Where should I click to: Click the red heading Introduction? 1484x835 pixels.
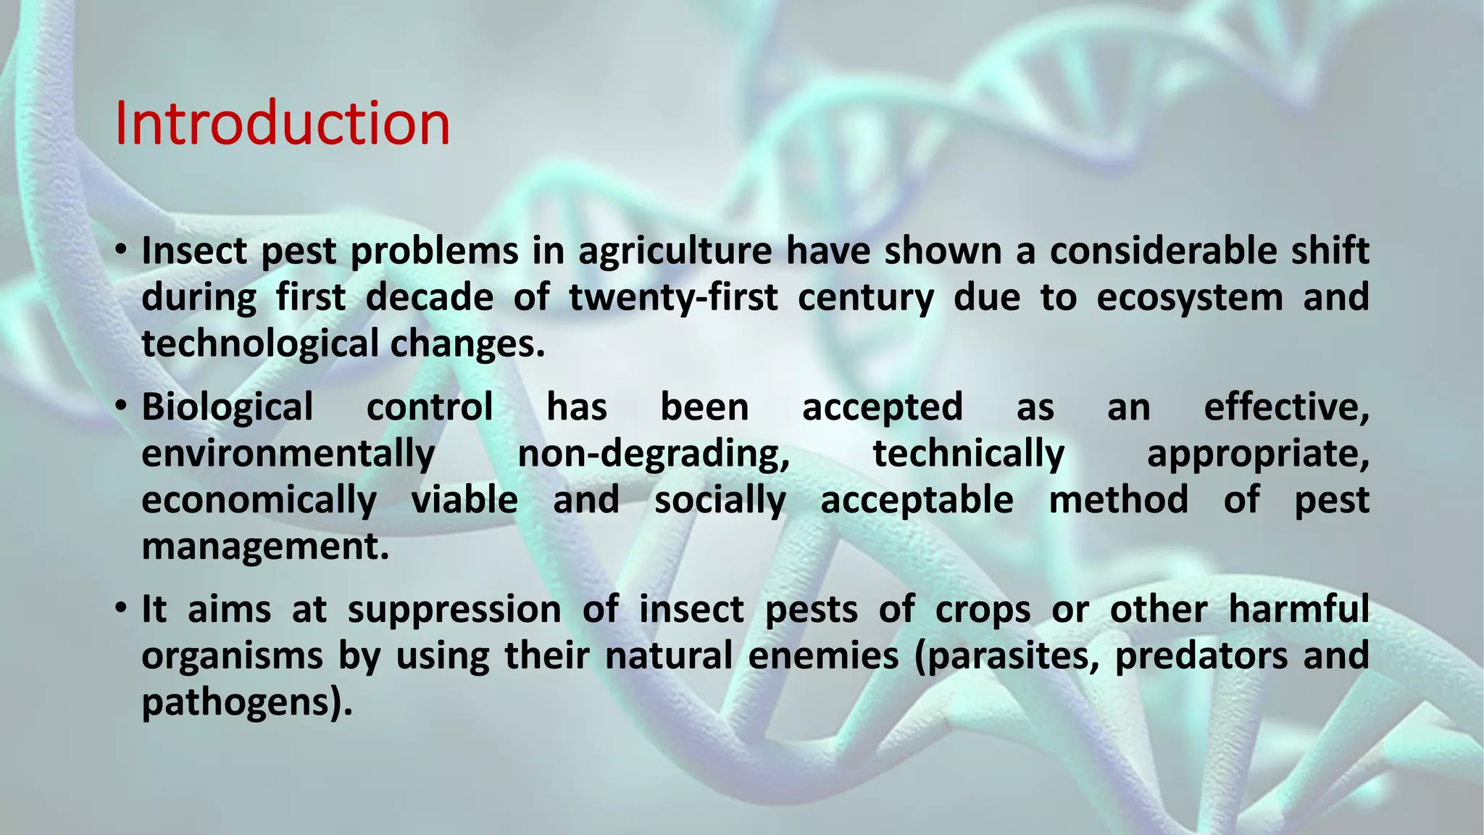282,124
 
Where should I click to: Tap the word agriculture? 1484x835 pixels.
675,252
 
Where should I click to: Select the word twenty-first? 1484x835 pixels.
673,298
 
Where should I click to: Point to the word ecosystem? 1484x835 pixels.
1189,299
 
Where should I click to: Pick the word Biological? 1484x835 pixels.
227,407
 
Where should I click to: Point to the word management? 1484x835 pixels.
265,547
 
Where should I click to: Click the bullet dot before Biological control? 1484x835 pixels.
121,406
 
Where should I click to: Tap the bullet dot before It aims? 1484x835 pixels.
121,608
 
